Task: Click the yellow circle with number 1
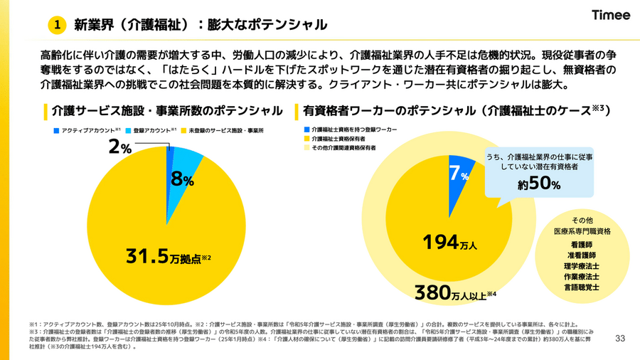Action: [57, 25]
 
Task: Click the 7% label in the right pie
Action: [458, 174]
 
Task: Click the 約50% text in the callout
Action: [539, 184]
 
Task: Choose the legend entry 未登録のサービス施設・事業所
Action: [226, 132]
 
